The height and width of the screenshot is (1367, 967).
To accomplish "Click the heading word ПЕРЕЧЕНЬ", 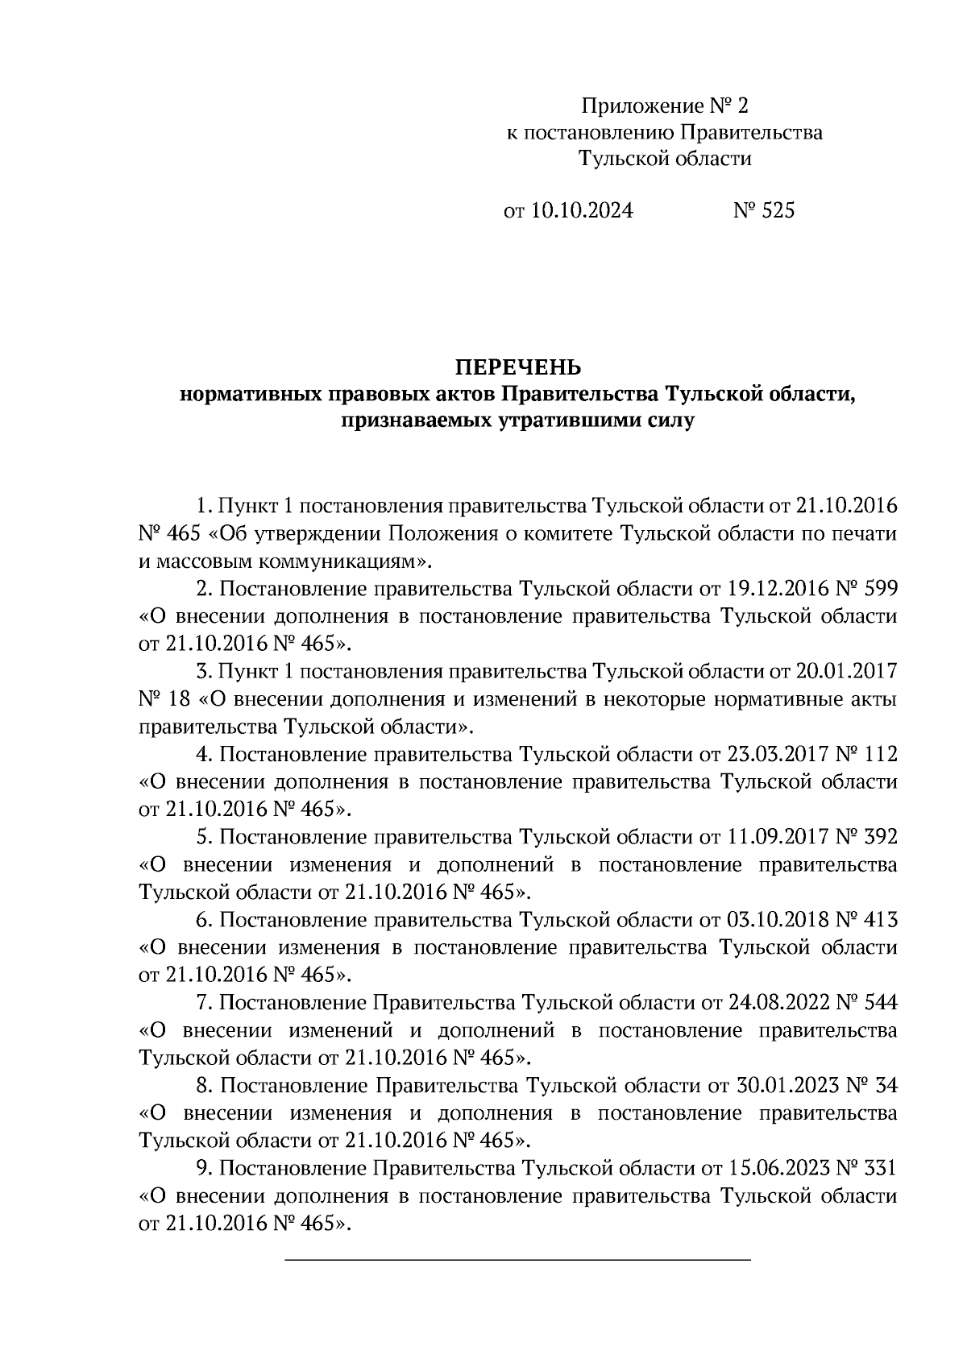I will pos(518,368).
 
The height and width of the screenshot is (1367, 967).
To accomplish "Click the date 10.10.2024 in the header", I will pos(582,211).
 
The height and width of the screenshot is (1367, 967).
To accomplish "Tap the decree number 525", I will pos(777,211).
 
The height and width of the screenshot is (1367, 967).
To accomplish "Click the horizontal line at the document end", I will pos(518,1258).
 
